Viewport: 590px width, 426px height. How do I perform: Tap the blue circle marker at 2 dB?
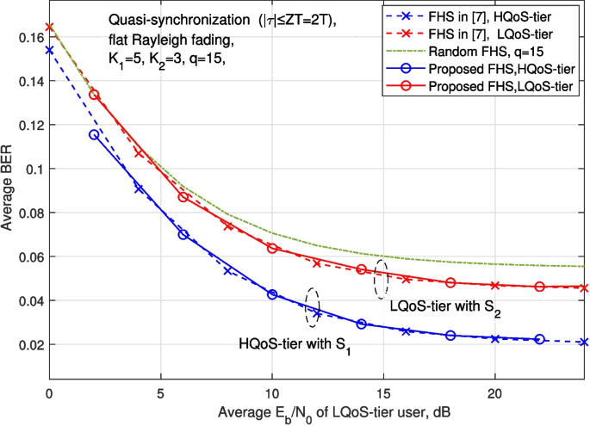click(94, 134)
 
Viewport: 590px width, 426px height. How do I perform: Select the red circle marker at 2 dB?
click(94, 95)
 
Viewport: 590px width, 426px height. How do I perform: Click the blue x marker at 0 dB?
click(49, 50)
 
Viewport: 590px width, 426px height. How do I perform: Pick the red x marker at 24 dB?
click(584, 287)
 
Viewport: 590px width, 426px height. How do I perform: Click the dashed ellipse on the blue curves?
click(313, 306)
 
